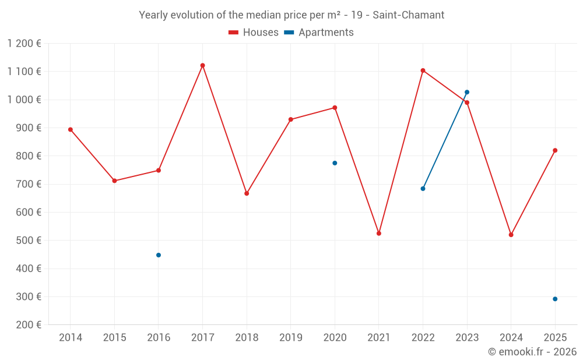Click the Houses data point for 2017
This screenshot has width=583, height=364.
202,65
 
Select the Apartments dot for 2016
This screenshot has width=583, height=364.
159,255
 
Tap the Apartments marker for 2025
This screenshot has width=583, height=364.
555,299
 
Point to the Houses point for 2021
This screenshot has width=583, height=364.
379,233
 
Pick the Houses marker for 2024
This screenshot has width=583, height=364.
511,235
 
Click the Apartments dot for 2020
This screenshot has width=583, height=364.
335,163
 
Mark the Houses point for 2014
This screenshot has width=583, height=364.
71,129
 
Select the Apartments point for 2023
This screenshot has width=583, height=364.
467,92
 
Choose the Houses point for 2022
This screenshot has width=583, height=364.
423,70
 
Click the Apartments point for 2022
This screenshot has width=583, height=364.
423,189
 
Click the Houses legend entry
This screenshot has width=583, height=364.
254,33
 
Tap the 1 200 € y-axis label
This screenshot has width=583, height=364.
24,44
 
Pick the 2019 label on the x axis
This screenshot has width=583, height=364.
291,338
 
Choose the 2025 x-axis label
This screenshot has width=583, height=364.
555,338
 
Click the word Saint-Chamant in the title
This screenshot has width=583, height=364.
408,15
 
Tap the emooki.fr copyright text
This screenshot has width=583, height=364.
532,352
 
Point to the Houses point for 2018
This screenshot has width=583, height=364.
247,193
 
